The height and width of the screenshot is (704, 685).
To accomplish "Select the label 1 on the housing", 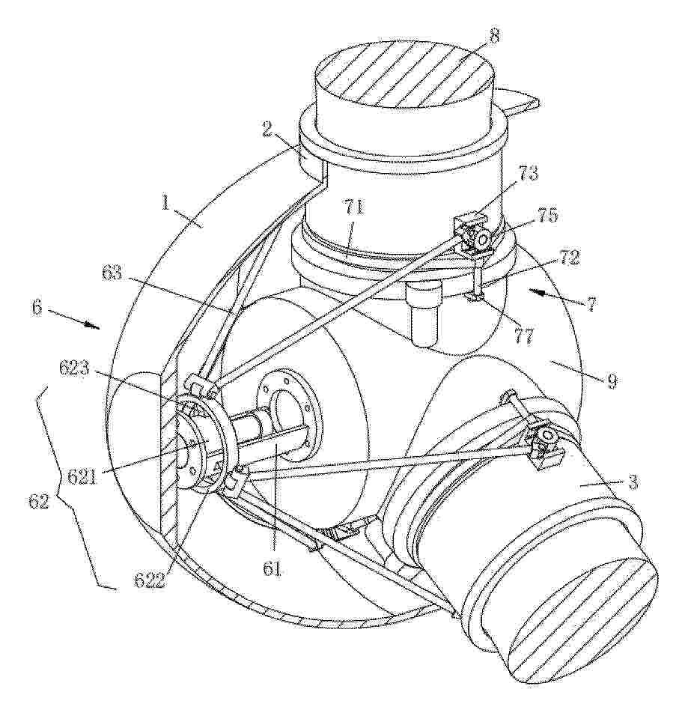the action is point(166,204).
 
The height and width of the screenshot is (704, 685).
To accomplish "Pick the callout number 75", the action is point(548,216).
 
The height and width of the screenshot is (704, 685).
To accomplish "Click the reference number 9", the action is point(612,381).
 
